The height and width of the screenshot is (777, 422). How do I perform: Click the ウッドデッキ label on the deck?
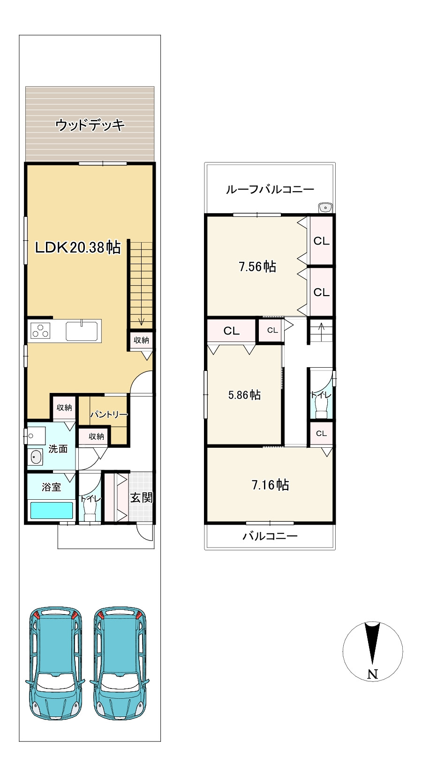pyautogui.click(x=90, y=125)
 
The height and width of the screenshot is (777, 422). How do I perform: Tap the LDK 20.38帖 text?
pyautogui.click(x=78, y=247)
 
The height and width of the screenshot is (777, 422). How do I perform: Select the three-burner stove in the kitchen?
pyautogui.click(x=40, y=331)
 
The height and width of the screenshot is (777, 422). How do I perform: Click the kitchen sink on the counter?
pyautogui.click(x=82, y=331)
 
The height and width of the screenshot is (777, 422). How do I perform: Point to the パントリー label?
pyautogui.click(x=109, y=414)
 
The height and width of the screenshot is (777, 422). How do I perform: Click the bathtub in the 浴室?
pyautogui.click(x=52, y=511)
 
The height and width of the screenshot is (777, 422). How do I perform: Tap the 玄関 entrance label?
pyautogui.click(x=141, y=498)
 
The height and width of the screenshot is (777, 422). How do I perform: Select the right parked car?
pyautogui.click(x=120, y=663)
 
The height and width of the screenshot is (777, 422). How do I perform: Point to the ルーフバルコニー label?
pyautogui.click(x=270, y=189)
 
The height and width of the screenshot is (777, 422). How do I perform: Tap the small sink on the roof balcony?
pyautogui.click(x=325, y=207)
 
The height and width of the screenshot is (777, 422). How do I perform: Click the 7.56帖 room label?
pyautogui.click(x=257, y=266)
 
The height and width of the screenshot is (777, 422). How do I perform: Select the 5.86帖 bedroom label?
pyautogui.click(x=244, y=395)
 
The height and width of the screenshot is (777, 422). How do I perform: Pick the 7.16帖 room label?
pyautogui.click(x=270, y=485)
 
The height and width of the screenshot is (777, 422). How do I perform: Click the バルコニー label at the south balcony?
pyautogui.click(x=270, y=536)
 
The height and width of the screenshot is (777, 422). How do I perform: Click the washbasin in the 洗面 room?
pyautogui.click(x=36, y=457)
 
